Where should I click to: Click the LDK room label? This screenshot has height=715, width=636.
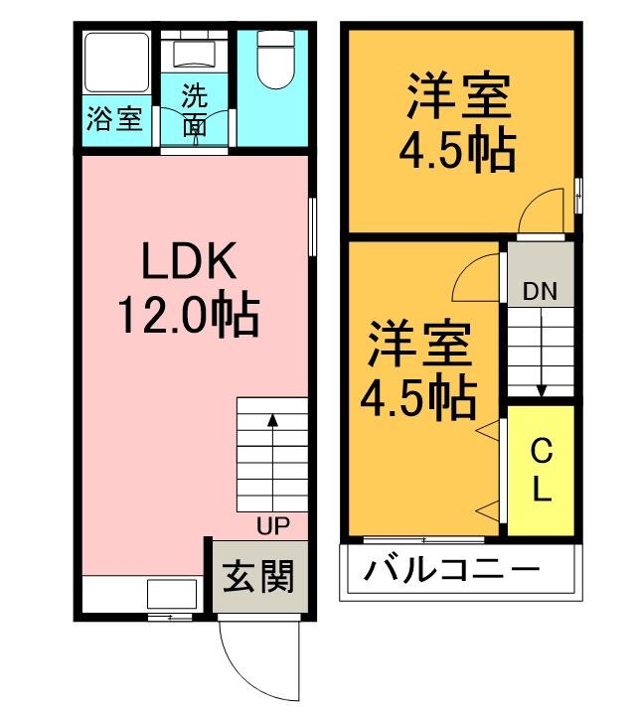tap(189, 263)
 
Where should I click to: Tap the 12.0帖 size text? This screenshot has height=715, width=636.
tap(189, 317)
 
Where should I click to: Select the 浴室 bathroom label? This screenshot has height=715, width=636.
tap(114, 118)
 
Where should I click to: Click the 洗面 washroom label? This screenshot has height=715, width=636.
tap(195, 111)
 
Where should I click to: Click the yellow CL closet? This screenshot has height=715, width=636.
tap(541, 469)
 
